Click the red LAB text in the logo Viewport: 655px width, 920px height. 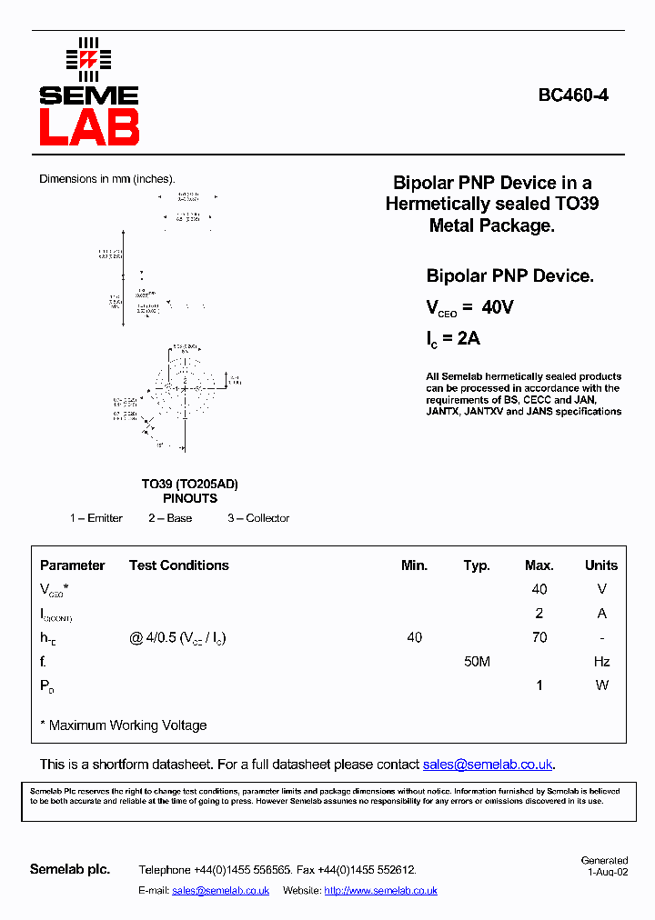coord(89,127)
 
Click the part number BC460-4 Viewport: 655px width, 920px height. coord(573,95)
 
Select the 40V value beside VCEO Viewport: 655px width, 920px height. coord(498,307)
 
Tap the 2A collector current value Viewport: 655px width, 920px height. coord(468,339)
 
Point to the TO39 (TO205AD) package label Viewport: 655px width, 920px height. coord(189,484)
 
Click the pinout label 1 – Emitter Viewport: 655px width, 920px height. coord(96,518)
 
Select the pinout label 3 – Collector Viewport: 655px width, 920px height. coord(258,518)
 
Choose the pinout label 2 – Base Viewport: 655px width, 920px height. coord(170,518)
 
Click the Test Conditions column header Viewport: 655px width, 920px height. coord(178,565)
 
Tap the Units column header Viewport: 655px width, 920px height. coord(601,565)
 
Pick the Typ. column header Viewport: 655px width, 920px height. coord(477,565)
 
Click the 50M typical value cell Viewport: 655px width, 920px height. coord(477,662)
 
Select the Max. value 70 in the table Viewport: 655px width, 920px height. coord(539,637)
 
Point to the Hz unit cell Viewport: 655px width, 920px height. coord(601,662)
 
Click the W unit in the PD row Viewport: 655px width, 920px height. coord(601,685)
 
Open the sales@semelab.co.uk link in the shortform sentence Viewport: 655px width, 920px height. coord(488,765)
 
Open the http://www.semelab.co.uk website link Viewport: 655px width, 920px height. coord(380,891)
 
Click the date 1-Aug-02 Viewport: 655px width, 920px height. coord(607,871)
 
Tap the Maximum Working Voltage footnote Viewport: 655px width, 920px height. coord(127,725)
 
